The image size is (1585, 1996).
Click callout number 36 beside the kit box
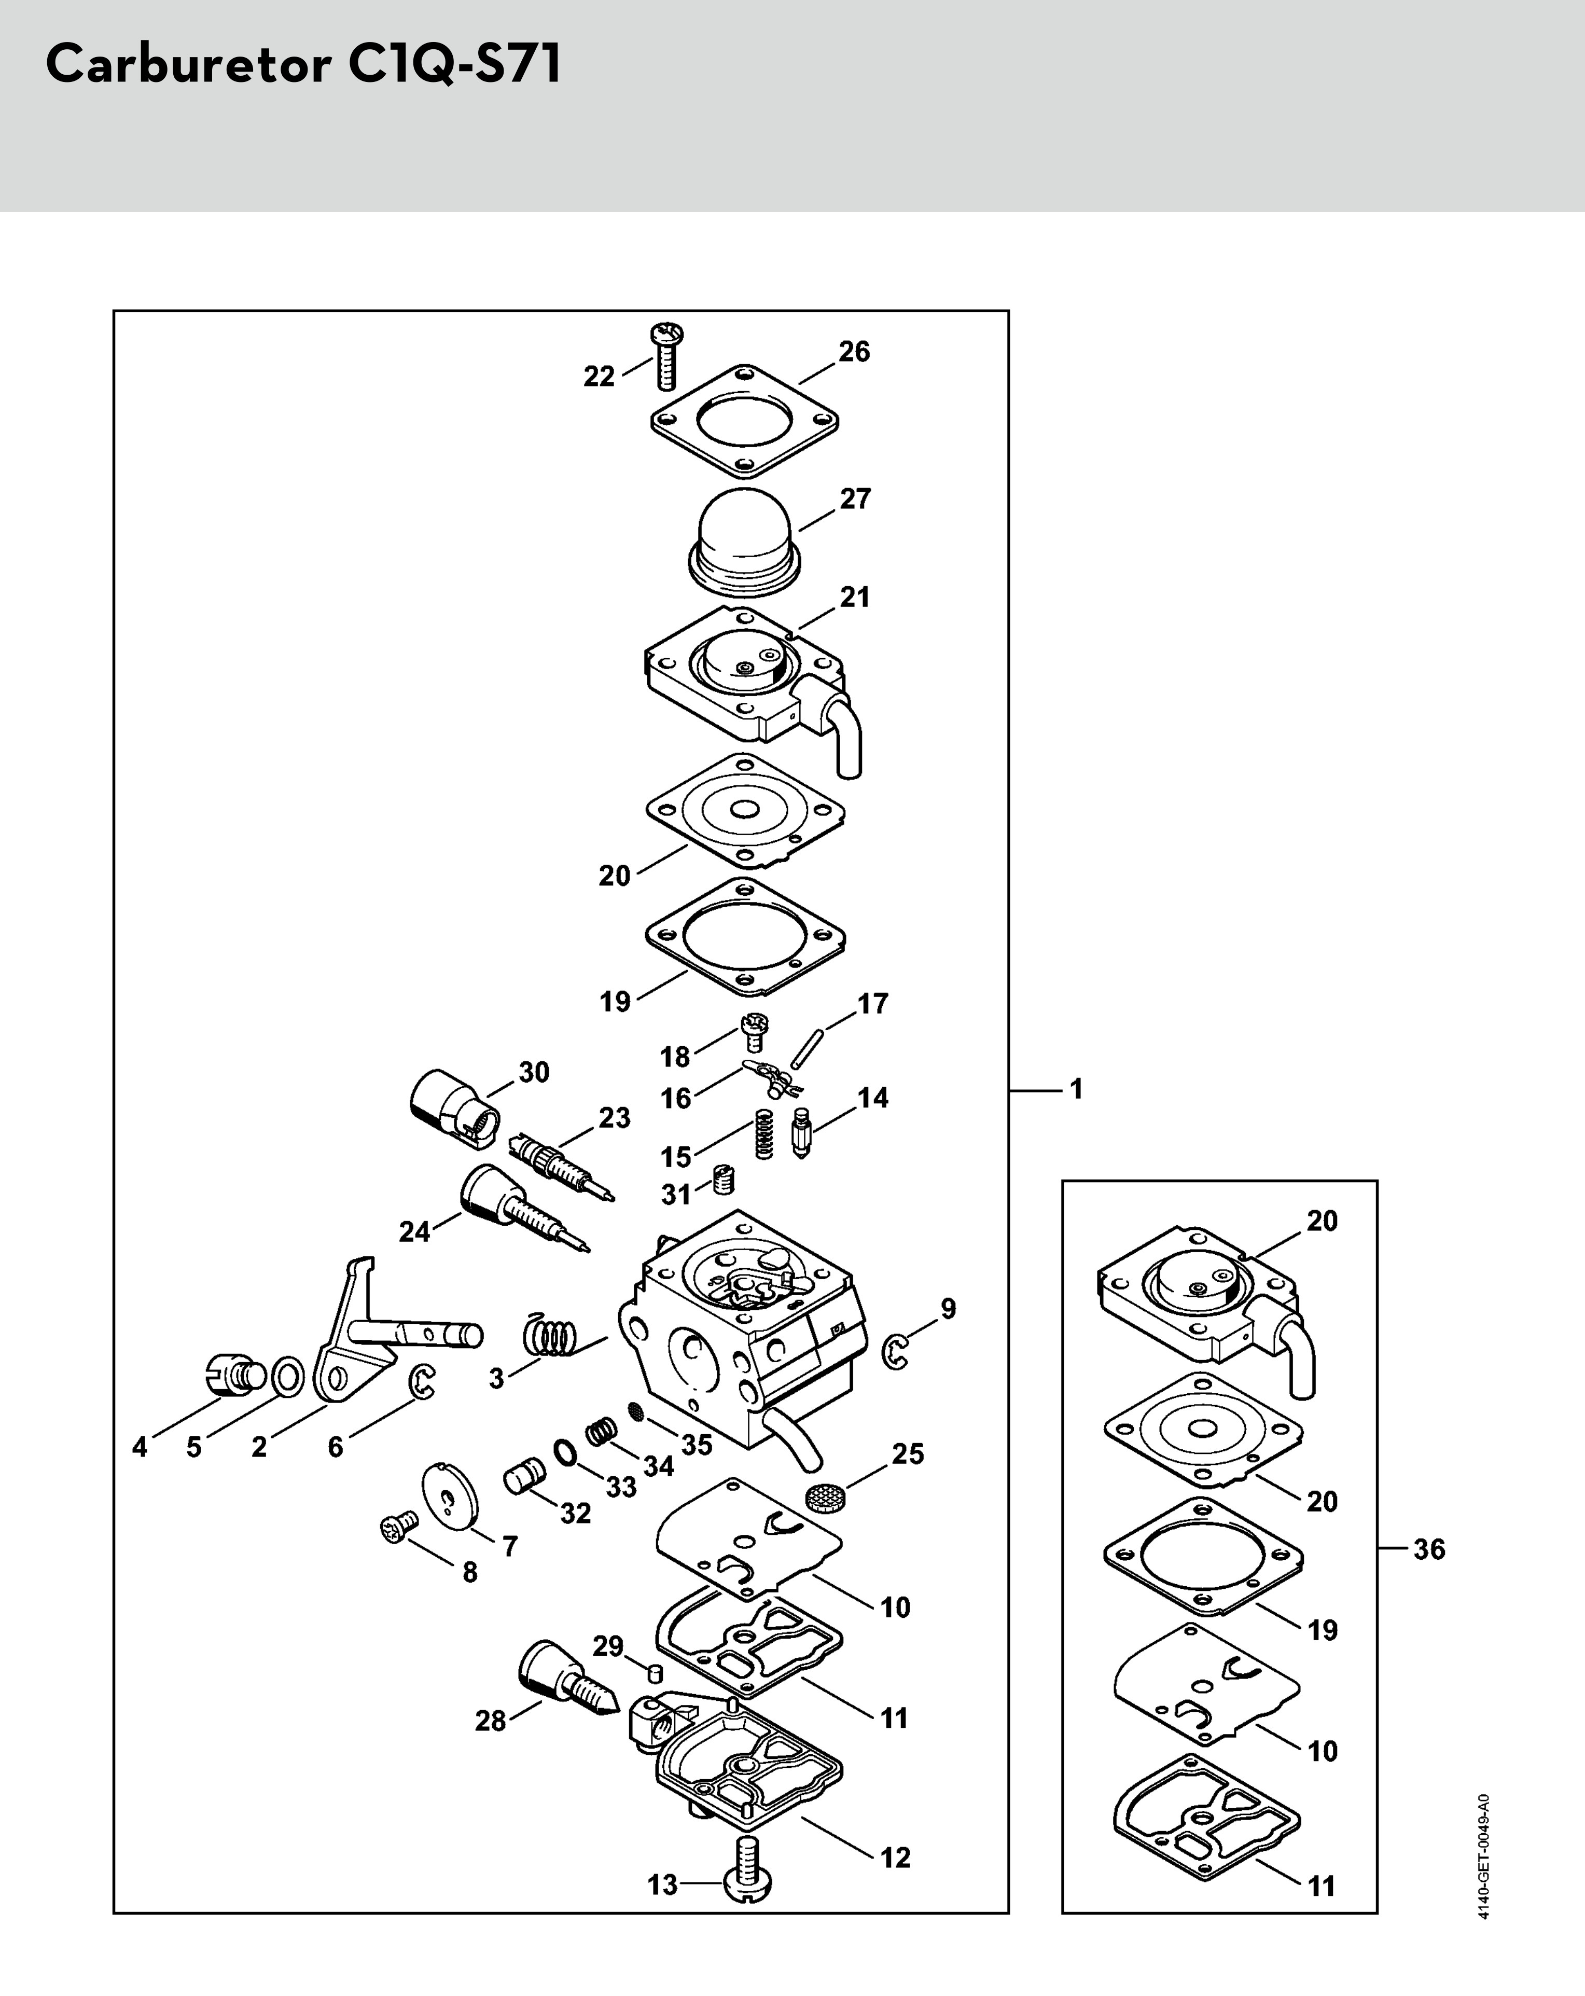(x=1428, y=1549)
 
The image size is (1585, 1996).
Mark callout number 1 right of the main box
(x=1076, y=1089)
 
